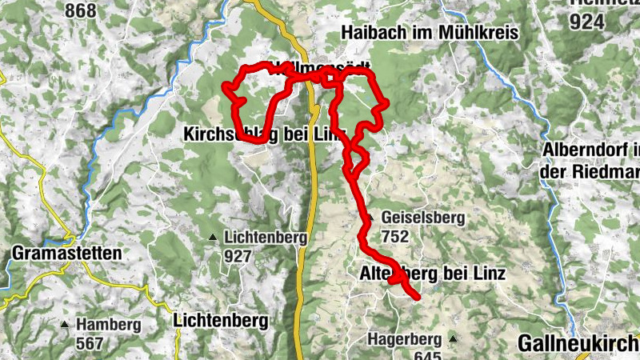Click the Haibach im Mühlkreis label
click(430, 33)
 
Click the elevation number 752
click(395, 236)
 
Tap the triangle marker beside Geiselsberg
click(370, 218)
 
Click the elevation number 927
click(238, 257)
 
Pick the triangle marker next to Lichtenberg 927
click(212, 238)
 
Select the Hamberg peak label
click(110, 325)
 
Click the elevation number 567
click(90, 343)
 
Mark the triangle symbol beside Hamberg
click(65, 325)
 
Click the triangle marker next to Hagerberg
click(453, 338)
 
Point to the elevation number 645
click(429, 354)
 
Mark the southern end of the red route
click(417, 297)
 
